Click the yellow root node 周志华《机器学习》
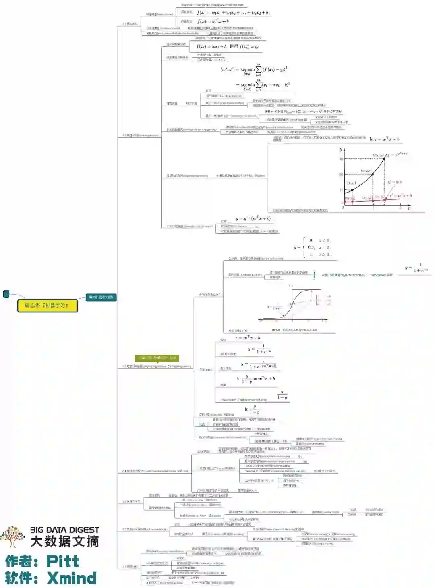[47, 305]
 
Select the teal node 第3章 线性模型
[101, 297]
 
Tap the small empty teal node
[6, 294]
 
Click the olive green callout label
[157, 358]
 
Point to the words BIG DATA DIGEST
[64, 530]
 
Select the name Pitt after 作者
[62, 561]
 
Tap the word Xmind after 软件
[72, 578]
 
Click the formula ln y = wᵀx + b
[384, 139]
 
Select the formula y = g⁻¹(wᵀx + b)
[253, 218]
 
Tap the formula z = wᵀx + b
[247, 338]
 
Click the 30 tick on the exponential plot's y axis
[341, 159]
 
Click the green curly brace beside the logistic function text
[314, 275]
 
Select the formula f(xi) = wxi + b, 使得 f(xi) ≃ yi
[227, 46]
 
